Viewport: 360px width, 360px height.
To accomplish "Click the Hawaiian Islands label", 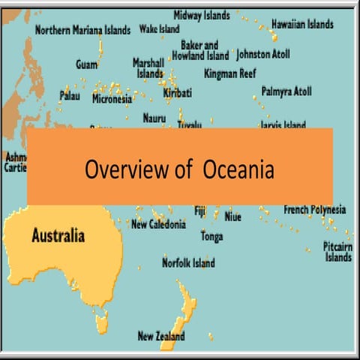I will point(302,24).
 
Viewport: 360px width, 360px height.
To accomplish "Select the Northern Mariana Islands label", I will point(82,30).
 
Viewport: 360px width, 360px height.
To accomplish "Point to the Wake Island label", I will point(159,29).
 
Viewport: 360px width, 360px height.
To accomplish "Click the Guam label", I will point(86,64).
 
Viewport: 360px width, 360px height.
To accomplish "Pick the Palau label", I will point(70,95).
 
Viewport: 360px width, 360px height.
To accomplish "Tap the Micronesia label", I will point(112,98).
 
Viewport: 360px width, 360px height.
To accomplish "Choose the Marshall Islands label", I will point(148,67).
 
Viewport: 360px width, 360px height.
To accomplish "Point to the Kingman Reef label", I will point(230,73).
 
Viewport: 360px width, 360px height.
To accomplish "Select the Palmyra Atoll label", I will point(286,91).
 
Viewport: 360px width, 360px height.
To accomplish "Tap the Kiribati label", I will point(178,93).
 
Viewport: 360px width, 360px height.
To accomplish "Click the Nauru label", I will point(155,118).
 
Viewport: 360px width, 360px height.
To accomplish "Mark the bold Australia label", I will point(58,235).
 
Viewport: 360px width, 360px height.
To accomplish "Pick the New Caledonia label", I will point(157,223).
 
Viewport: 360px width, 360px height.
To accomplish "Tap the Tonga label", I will point(211,236).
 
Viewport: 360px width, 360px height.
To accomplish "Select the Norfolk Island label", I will point(188,262).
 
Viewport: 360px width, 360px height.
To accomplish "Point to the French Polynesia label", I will point(314,209).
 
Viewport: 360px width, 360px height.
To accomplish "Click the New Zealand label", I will point(160,336).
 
